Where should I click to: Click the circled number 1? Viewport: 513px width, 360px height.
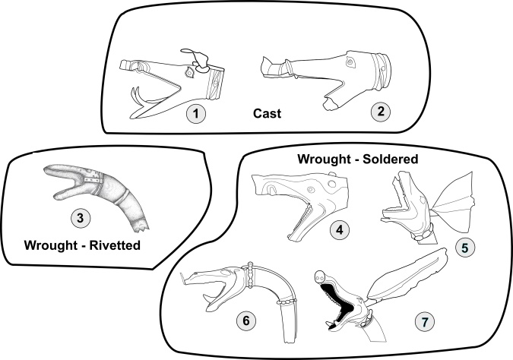196,115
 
